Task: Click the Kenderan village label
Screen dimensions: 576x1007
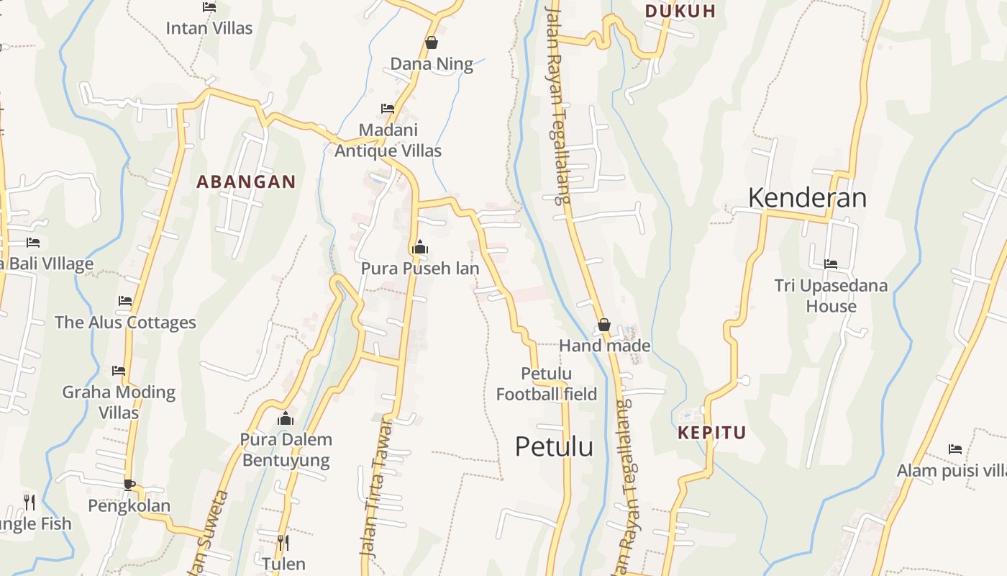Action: tap(807, 197)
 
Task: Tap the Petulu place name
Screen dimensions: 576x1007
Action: tap(554, 446)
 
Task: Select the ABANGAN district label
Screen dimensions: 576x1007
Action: tap(246, 182)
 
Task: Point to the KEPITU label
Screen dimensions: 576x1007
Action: tap(712, 433)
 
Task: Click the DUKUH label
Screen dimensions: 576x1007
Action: tap(680, 11)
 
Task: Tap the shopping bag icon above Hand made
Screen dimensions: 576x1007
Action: tap(604, 325)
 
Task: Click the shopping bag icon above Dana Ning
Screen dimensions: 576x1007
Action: tap(432, 43)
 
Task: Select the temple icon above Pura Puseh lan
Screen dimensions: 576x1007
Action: tap(420, 248)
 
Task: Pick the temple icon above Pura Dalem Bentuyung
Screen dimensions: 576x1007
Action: tap(286, 418)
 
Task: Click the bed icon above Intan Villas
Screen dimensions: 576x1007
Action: tap(209, 7)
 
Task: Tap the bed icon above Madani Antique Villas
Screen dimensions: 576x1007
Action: tap(388, 109)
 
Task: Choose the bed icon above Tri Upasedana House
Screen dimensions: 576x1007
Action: tap(831, 264)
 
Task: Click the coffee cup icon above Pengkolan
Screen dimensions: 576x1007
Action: tap(129, 485)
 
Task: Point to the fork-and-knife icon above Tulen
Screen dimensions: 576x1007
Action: tap(283, 542)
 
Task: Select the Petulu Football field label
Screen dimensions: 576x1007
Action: tap(547, 384)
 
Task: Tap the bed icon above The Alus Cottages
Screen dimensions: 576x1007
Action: tap(125, 301)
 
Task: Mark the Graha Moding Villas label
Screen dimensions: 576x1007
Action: tap(119, 402)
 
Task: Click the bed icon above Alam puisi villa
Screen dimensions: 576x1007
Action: tap(955, 449)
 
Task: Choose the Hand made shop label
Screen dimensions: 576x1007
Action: tap(604, 346)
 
